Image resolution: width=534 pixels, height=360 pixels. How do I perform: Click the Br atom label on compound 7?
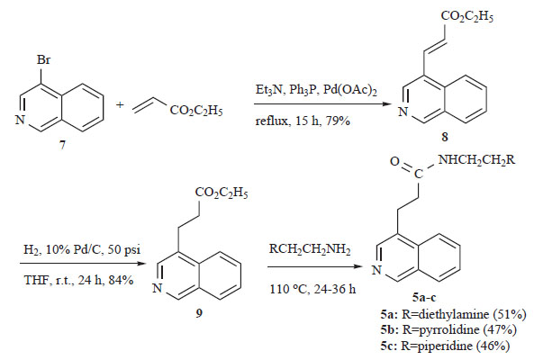click(43, 60)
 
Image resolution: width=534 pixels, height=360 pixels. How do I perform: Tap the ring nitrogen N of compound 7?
click(20, 120)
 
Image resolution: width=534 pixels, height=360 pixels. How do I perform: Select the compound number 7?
click(62, 145)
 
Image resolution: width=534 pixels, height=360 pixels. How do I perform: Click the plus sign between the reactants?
click(120, 104)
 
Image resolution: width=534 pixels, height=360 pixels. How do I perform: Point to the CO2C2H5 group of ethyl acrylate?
click(196, 111)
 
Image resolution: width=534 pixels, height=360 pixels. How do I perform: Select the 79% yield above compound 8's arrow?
click(338, 121)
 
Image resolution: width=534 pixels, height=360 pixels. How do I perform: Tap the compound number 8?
click(445, 137)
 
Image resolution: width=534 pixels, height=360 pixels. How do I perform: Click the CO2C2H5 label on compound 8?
click(466, 16)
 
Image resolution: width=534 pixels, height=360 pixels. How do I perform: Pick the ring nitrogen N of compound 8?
click(403, 112)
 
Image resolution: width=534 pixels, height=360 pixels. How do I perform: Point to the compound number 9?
click(199, 312)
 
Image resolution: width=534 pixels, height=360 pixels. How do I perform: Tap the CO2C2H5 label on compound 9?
click(222, 193)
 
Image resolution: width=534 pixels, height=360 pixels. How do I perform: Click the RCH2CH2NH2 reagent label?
click(310, 249)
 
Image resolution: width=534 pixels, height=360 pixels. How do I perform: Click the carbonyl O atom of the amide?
click(394, 161)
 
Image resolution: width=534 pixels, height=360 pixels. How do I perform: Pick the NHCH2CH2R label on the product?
click(476, 159)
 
